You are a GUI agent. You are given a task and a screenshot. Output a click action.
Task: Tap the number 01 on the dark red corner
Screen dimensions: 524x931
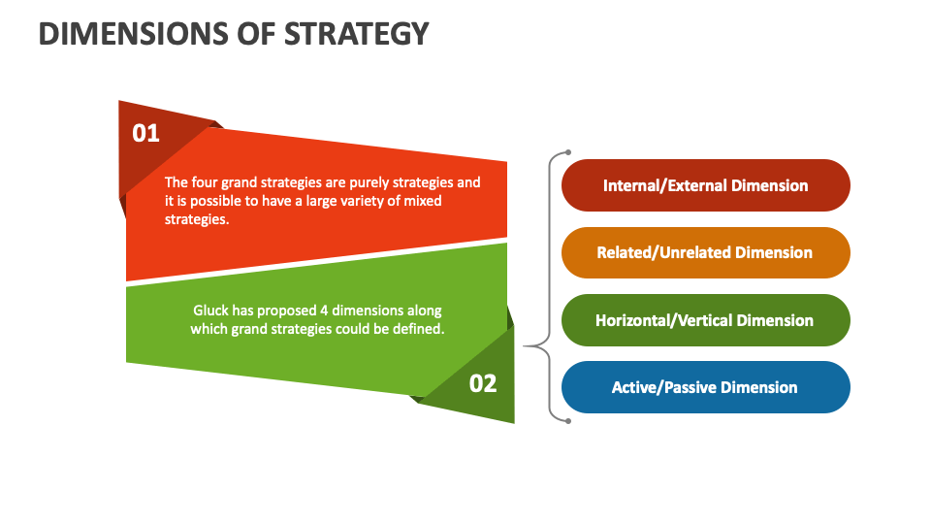pos(145,133)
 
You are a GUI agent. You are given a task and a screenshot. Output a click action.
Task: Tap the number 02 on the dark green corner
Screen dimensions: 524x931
pos(483,383)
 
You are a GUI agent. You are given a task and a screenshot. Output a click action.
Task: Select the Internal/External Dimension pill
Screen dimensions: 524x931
pos(706,185)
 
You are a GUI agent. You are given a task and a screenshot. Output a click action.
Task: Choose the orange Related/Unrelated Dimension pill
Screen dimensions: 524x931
pos(706,252)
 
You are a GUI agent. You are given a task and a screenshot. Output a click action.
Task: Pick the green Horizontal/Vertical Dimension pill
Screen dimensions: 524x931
pos(706,320)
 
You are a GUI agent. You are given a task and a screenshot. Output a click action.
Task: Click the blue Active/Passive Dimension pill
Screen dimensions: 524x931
pos(706,387)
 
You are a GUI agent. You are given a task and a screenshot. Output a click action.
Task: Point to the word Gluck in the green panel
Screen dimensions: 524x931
pos(211,311)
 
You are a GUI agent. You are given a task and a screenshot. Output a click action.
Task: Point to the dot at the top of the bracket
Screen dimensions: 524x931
pos(568,152)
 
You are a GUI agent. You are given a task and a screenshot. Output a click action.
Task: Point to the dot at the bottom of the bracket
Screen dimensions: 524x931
pos(568,420)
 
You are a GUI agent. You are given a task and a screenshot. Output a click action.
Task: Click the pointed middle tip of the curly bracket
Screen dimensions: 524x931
pos(526,345)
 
